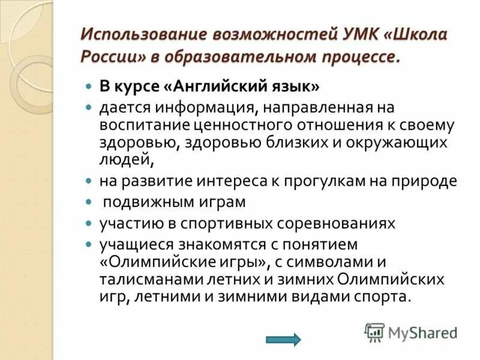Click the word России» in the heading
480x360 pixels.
pyautogui.click(x=108, y=57)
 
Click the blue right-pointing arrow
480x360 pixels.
pyautogui.click(x=283, y=340)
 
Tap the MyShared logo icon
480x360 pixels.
pyautogui.click(x=375, y=332)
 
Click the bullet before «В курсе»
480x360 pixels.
pyautogui.click(x=88, y=86)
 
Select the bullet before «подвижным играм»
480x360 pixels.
pyautogui.click(x=88, y=202)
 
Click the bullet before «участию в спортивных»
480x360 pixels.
pyautogui.click(x=88, y=223)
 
